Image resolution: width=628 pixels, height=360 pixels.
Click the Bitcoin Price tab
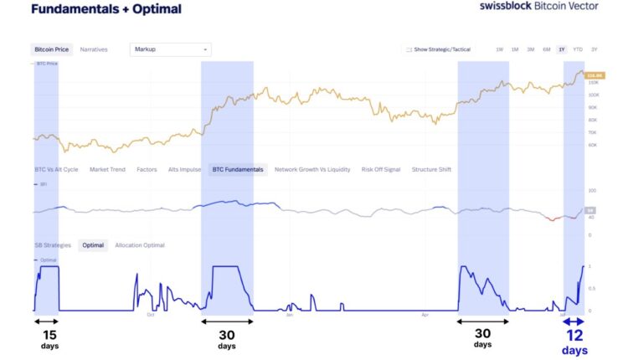click(50, 49)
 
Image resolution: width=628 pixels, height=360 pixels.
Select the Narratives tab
click(94, 49)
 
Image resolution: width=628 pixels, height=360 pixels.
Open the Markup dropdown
click(171, 49)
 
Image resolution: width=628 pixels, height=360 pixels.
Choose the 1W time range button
click(499, 49)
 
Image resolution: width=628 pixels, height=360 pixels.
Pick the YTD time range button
click(577, 49)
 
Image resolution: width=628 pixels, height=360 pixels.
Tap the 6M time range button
click(546, 49)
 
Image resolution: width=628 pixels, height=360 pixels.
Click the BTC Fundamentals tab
click(238, 169)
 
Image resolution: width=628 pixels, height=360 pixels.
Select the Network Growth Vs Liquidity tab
click(312, 169)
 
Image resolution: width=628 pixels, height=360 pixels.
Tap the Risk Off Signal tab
click(381, 169)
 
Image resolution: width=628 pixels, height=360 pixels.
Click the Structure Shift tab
click(431, 169)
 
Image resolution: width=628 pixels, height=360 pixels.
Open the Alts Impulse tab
click(184, 169)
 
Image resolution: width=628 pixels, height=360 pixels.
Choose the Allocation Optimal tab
click(140, 245)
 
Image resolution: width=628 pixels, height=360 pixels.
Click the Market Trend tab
click(107, 169)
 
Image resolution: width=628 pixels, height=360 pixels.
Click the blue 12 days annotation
click(574, 341)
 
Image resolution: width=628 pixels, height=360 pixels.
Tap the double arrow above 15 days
click(46, 321)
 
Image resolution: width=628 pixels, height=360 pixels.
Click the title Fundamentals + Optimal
click(106, 9)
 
